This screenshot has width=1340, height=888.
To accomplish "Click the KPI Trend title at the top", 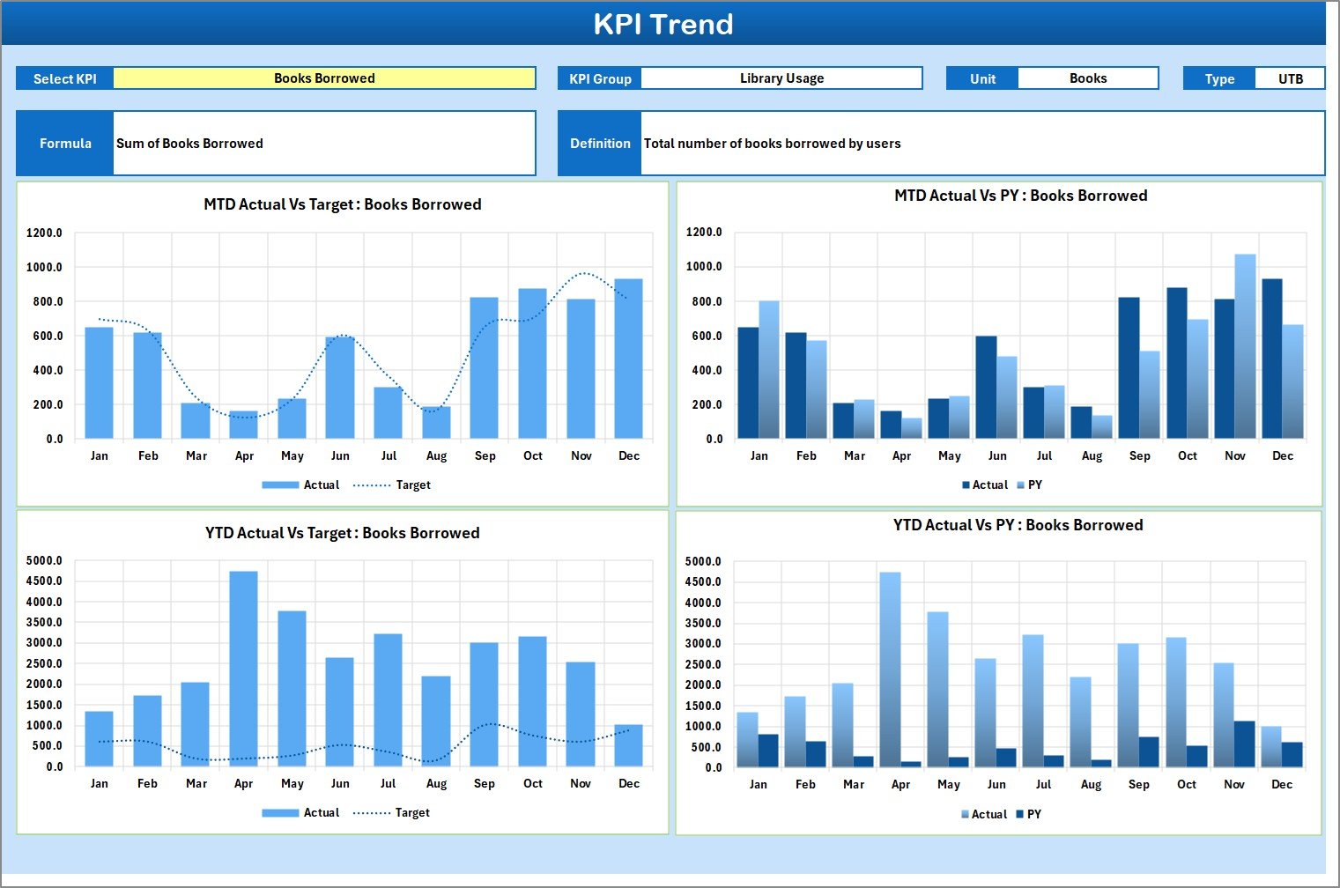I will [663, 24].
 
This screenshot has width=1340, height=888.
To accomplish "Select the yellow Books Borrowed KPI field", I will [324, 78].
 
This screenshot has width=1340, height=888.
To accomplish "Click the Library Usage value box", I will [781, 78].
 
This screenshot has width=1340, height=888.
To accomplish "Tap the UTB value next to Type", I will [1290, 78].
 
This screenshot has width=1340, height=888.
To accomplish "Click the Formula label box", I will [65, 144].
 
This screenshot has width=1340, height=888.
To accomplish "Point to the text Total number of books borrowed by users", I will [772, 144].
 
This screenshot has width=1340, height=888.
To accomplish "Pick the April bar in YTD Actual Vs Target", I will [244, 669].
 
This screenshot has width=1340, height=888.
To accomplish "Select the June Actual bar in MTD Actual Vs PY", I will [986, 388].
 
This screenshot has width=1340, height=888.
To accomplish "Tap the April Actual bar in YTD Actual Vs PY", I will [890, 670].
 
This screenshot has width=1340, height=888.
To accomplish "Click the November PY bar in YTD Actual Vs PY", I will [1244, 744].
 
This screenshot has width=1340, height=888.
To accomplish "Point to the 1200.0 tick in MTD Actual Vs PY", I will [704, 233].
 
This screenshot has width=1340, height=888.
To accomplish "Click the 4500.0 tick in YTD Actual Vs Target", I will [44, 581].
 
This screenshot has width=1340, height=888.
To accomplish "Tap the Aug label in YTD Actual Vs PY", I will [1091, 785].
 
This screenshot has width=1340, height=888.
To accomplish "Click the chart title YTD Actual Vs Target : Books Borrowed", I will [342, 533].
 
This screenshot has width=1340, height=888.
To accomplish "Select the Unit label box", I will [982, 78].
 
